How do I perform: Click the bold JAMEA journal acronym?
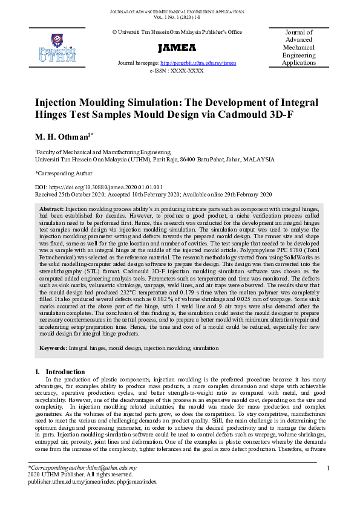point(177,48)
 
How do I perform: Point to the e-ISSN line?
point(177,71)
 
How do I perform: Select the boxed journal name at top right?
point(299,48)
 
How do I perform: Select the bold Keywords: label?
point(53,349)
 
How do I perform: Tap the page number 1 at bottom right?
point(327,468)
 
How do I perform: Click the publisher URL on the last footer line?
point(92,482)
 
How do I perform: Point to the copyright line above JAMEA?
point(177,31)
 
